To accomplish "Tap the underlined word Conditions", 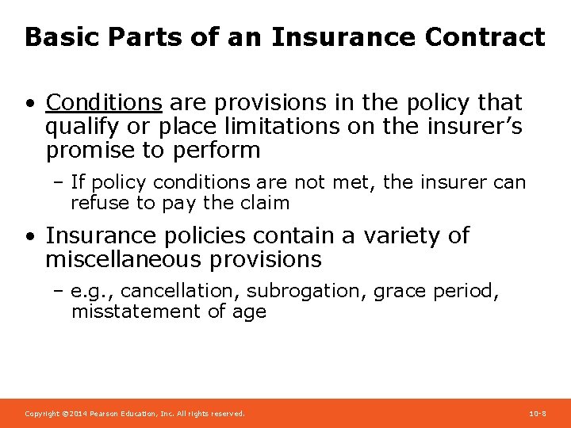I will pyautogui.click(x=104, y=102).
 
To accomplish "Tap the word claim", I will pyautogui.click(x=263, y=203).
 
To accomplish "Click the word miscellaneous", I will pyautogui.click(x=144, y=259).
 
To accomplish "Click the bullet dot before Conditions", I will pyautogui.click(x=29, y=104).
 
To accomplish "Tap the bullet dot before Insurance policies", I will pyautogui.click(x=29, y=237).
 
